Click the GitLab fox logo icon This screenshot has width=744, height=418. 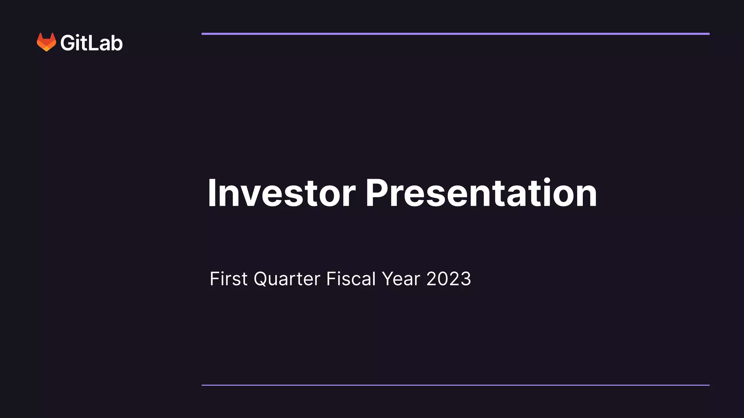[46, 42]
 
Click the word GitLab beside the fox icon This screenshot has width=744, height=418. [92, 43]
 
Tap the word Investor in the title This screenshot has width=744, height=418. [282, 193]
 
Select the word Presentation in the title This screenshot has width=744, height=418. [481, 193]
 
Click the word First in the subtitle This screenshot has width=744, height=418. [229, 279]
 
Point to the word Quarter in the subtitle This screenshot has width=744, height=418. [287, 279]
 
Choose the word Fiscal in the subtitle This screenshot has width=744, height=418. [351, 279]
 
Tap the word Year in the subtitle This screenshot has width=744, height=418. [401, 279]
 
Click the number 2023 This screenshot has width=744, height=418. [449, 279]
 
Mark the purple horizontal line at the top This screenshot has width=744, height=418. [455, 34]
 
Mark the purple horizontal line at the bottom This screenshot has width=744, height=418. [455, 385]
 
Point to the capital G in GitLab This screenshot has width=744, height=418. [68, 43]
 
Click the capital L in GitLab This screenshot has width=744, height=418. [93, 43]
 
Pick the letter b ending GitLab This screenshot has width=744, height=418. [117, 43]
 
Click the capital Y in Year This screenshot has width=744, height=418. [388, 279]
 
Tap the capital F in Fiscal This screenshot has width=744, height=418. [331, 279]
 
